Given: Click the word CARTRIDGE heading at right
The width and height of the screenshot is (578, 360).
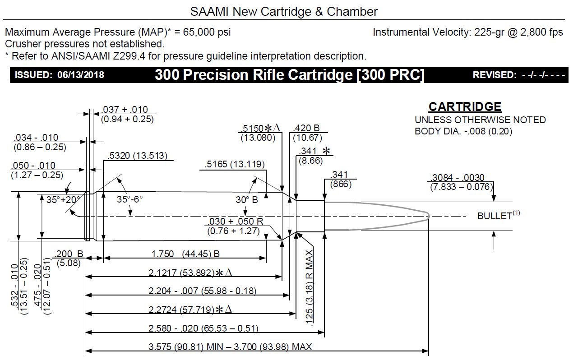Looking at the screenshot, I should tap(464, 107).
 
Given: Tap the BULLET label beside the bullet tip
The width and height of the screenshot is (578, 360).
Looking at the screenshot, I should tap(495, 216).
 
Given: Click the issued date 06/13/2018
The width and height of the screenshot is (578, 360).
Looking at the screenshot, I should tap(81, 75).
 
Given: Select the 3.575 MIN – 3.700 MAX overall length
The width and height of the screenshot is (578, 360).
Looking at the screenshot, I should tap(230, 347).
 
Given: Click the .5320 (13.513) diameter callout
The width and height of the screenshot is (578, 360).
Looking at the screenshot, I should tap(138, 156).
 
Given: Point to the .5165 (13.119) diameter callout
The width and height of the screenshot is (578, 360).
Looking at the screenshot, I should tap(235, 165).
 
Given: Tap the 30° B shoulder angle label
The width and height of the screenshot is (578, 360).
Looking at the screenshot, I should tap(246, 199).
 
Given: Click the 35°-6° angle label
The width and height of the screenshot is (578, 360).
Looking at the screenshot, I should tap(130, 198).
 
